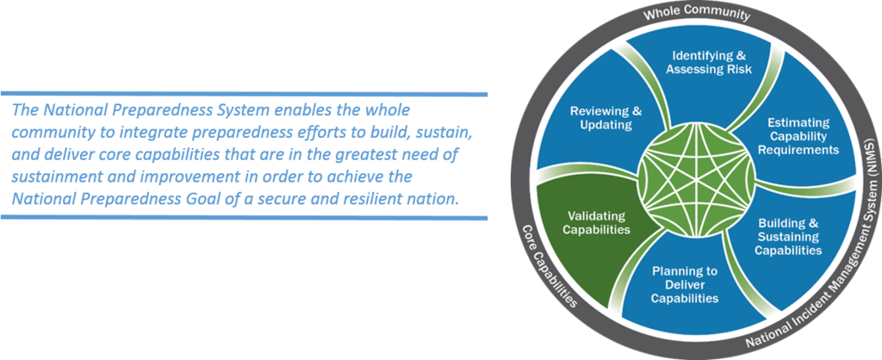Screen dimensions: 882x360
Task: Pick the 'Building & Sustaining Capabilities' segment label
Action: point(788,236)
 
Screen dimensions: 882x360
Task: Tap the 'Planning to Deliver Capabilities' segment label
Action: point(685,284)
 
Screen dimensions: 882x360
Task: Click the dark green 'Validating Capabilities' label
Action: point(597,223)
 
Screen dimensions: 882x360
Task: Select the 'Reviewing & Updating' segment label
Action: point(606,118)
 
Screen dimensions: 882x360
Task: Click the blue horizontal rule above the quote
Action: point(244,93)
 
